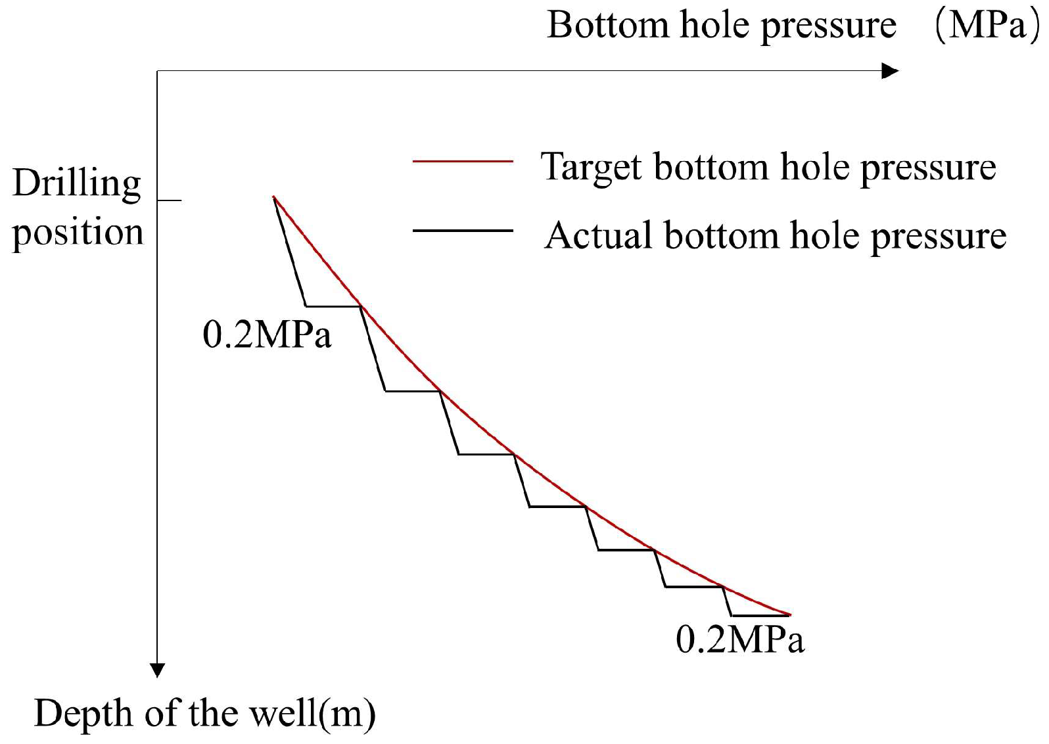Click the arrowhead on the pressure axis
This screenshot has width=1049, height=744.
pos(891,71)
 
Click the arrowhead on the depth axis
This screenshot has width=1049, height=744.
pos(157,670)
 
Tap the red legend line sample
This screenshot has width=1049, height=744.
pos(462,160)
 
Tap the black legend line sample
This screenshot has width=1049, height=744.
pos(462,231)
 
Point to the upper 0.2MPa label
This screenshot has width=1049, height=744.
pos(267,335)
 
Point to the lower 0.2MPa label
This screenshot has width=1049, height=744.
pos(739,639)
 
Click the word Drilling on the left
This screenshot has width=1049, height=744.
pos(77,183)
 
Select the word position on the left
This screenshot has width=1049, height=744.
pos(78,233)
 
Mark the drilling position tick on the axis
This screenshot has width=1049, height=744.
pos(169,199)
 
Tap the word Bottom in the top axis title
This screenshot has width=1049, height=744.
pos(607,26)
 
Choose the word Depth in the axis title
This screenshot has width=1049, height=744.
pos(83,713)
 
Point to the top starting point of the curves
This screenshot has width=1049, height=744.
pos(274,197)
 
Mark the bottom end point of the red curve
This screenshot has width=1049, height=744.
pos(789,615)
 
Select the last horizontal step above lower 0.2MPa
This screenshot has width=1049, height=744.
pos(760,616)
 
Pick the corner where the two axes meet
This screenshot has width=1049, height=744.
pos(157,71)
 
